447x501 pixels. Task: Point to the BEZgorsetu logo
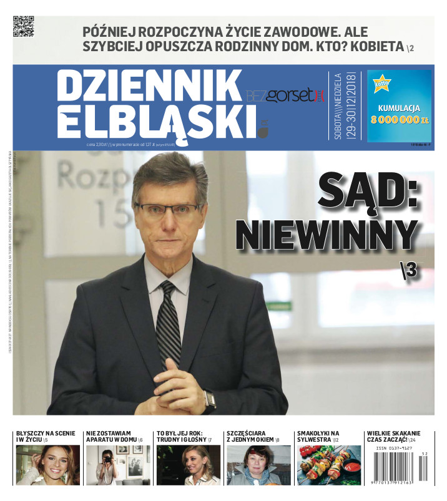tap(286, 97)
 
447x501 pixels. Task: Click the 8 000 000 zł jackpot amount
tap(399, 120)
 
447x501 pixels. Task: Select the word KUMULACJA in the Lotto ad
tap(399, 107)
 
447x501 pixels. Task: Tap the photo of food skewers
tap(328, 465)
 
